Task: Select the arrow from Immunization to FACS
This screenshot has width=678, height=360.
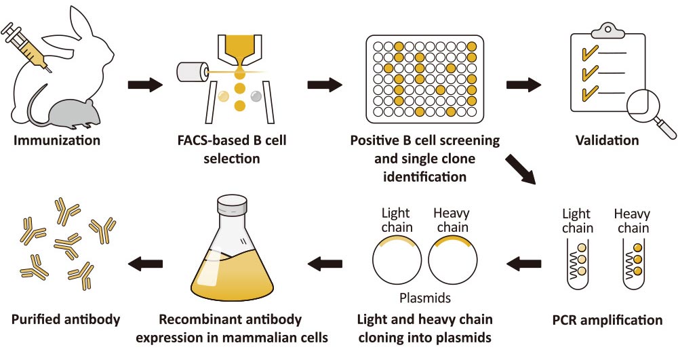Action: (x=145, y=85)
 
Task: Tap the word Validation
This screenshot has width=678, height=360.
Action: (x=607, y=141)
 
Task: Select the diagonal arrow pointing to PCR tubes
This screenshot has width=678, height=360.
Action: (x=520, y=170)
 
